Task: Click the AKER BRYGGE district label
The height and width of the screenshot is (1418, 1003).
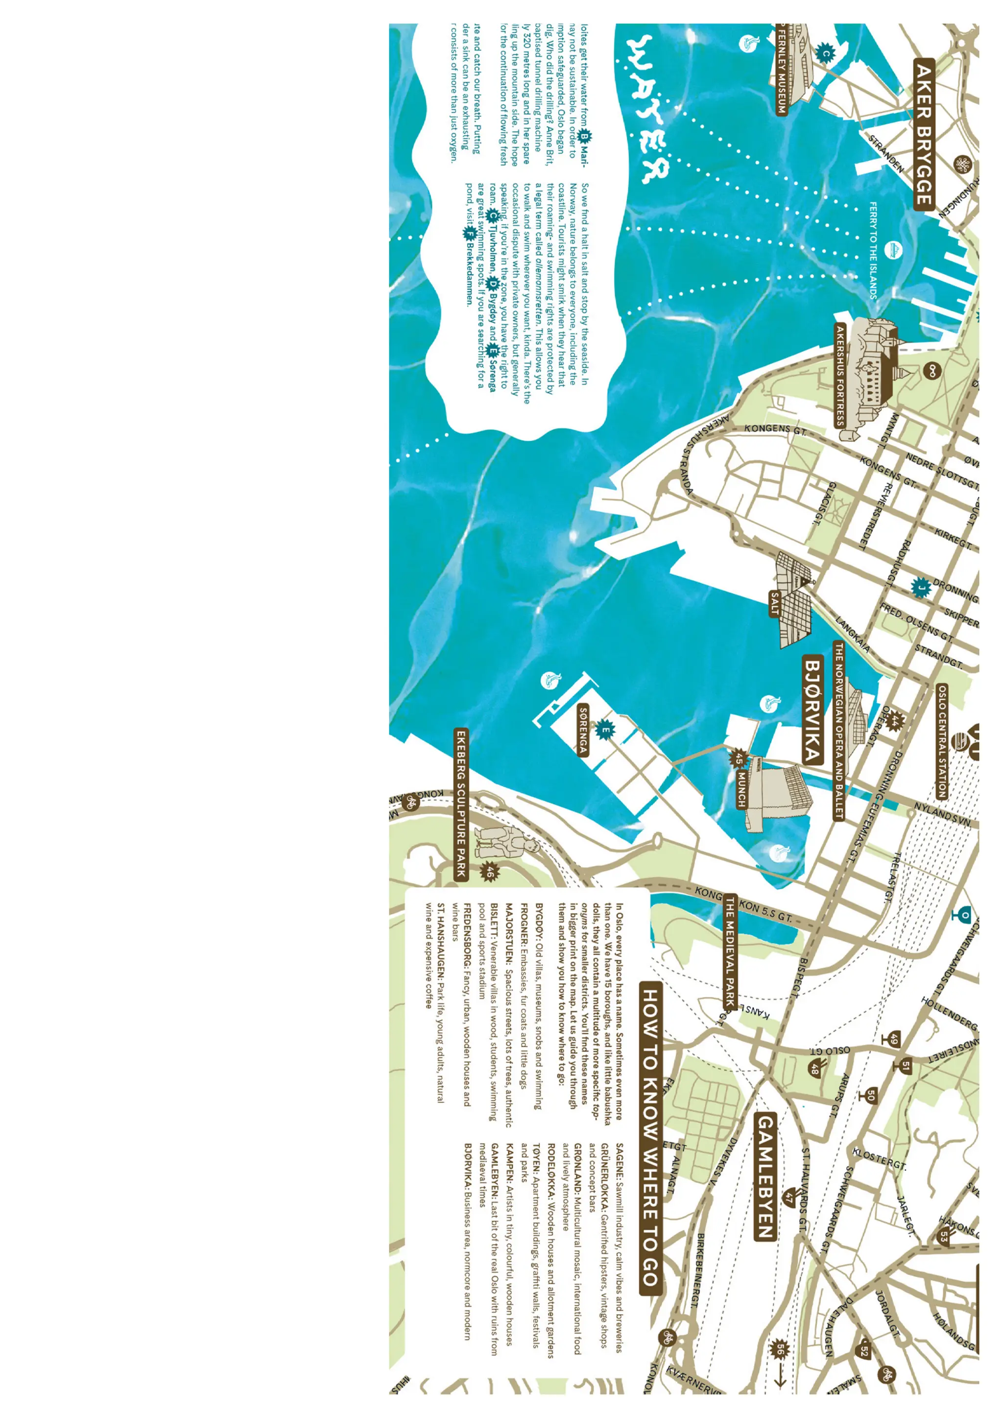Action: click(x=923, y=135)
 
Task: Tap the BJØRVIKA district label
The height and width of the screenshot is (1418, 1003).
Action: click(x=813, y=709)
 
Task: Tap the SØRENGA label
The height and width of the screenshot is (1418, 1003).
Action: click(x=582, y=731)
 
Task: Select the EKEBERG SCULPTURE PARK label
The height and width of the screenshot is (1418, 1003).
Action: click(x=461, y=803)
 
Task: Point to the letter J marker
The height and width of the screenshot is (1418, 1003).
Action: click(x=921, y=588)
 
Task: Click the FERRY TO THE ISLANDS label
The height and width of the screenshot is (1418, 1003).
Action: click(x=873, y=250)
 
